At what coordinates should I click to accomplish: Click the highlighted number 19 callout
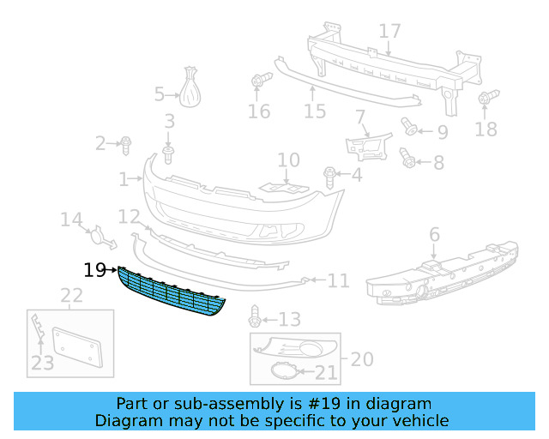(x=94, y=270)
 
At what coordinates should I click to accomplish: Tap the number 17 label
(x=390, y=32)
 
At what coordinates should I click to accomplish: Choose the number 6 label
(x=434, y=233)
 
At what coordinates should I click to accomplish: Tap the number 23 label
(x=42, y=364)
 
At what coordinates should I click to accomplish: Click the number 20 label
(x=363, y=359)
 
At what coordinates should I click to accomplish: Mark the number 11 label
(x=339, y=280)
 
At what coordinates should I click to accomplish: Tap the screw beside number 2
(x=126, y=143)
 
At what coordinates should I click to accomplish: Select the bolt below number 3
(x=168, y=153)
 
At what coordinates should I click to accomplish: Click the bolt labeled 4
(x=329, y=176)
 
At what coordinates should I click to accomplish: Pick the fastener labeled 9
(x=409, y=129)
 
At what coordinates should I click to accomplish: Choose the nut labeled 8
(x=409, y=159)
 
